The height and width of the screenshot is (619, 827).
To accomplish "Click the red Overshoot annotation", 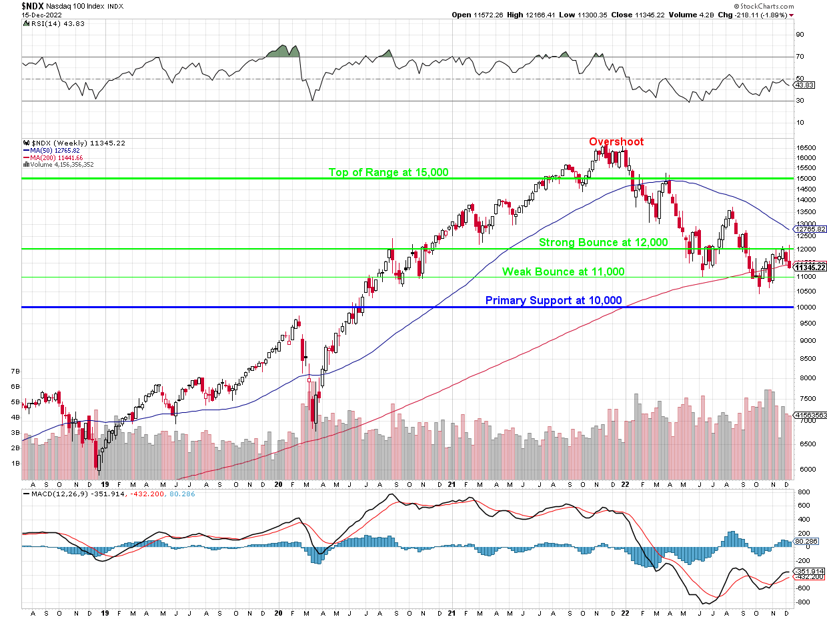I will click(x=616, y=141).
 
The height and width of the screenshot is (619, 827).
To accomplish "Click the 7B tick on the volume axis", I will click(x=13, y=370).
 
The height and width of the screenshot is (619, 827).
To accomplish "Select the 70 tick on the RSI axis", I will click(x=800, y=57).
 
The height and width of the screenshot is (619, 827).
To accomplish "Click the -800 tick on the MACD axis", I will click(x=804, y=602).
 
